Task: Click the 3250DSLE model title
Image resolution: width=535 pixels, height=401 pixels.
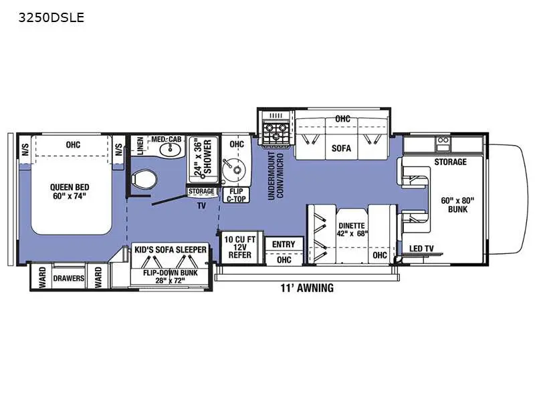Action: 51,17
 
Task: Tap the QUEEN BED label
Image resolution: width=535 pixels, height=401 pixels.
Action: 70,187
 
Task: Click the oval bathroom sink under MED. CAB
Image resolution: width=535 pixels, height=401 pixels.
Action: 170,149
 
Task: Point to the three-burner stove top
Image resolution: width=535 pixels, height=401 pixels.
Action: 276,132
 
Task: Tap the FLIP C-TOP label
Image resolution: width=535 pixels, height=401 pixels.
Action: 236,195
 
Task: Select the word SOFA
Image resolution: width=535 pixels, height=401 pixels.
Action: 341,148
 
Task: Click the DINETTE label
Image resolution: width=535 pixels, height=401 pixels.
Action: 352,226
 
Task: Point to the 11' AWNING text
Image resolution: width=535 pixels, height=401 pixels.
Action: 307,288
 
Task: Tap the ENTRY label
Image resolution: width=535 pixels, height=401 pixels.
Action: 284,245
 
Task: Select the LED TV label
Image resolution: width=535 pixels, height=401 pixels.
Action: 421,249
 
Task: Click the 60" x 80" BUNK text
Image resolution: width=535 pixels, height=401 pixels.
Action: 457,205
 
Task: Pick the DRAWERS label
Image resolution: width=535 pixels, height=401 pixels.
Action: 69,278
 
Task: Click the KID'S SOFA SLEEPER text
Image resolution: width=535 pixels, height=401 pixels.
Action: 171,249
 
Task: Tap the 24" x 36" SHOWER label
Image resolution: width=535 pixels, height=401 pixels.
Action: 203,157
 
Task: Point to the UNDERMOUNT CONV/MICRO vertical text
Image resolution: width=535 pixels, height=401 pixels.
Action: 276,176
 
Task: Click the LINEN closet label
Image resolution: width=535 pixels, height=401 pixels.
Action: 140,146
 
